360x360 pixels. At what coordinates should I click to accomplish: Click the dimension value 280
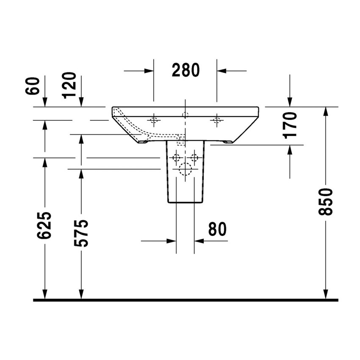click(185, 70)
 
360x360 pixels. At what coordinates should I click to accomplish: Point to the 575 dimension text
click(81, 233)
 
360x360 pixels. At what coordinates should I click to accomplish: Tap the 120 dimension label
click(70, 85)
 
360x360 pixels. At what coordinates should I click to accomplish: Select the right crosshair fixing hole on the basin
click(217, 120)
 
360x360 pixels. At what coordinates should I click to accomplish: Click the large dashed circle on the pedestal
click(185, 169)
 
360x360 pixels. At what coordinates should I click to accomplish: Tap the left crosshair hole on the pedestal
click(176, 158)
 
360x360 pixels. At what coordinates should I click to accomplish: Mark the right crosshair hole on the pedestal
click(194, 158)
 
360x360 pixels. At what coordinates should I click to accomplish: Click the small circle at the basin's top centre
click(185, 114)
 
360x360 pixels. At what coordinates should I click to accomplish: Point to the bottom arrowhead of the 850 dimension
click(325, 295)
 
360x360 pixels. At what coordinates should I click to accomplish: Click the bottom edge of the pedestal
click(185, 202)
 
